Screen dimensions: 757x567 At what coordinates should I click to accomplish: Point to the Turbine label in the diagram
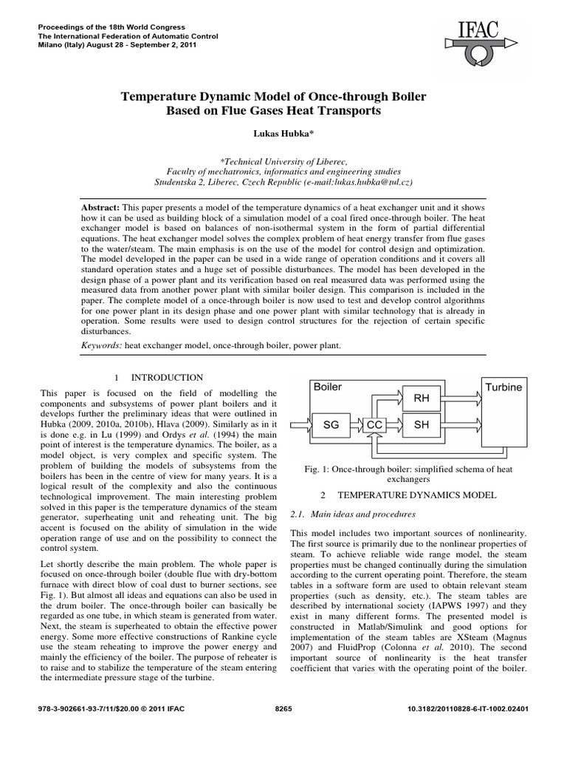click(x=503, y=387)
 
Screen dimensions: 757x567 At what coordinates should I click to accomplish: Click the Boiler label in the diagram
click(x=329, y=387)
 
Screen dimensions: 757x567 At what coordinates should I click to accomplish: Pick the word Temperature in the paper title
click(x=162, y=97)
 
